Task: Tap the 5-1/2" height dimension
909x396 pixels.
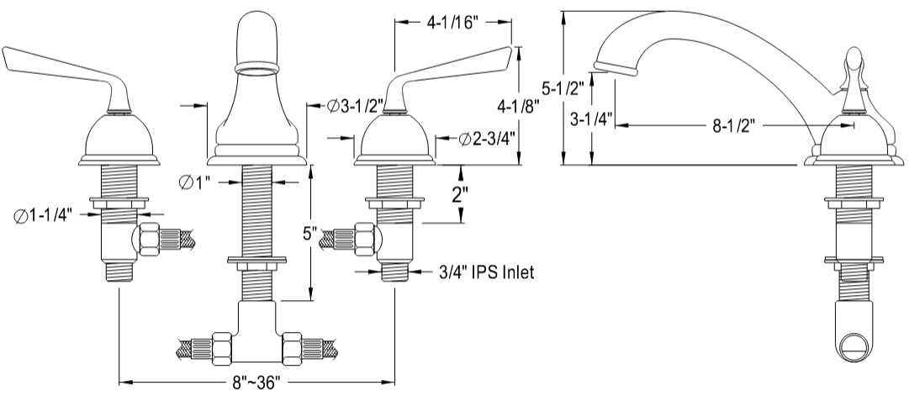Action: coord(563,87)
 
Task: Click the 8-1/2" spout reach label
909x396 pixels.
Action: coord(734,126)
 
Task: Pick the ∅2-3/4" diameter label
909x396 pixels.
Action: coord(487,138)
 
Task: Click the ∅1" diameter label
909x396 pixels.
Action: coord(197,181)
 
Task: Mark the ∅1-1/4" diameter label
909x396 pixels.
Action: coord(47,215)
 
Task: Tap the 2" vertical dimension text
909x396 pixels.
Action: coord(460,195)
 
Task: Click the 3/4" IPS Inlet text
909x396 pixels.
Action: coord(487,272)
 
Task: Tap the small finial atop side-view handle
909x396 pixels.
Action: coord(854,59)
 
